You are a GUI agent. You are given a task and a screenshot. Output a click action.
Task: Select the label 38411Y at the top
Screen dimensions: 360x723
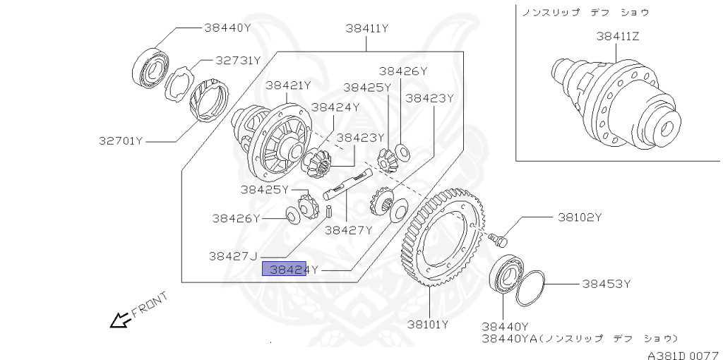pos(367,29)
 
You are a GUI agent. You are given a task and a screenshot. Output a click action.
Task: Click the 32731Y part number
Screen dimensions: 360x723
pos(238,61)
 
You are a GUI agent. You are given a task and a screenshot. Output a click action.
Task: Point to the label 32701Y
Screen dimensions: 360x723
pos(121,140)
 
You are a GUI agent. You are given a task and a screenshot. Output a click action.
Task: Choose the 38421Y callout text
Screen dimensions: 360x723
pos(288,85)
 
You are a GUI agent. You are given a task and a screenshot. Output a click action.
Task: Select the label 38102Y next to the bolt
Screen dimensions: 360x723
pos(580,217)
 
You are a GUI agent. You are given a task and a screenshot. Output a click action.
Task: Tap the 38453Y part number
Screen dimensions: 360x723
pos(606,284)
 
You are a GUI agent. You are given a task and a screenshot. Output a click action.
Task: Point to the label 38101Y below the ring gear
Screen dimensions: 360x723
pos(428,325)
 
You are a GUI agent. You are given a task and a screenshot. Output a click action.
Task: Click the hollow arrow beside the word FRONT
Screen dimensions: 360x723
pos(119,321)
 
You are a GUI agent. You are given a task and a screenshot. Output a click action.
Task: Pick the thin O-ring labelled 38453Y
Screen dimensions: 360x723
pos(531,288)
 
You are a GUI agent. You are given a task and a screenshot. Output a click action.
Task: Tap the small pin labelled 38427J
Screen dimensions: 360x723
pos(329,211)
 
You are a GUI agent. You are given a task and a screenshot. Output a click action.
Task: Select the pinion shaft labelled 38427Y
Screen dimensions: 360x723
pos(346,185)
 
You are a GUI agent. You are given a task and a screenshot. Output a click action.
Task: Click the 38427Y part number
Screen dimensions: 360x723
pos(348,230)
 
